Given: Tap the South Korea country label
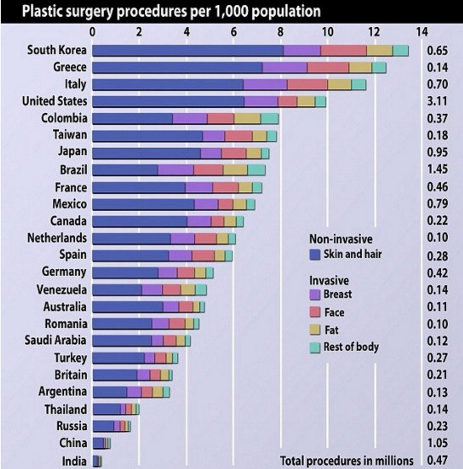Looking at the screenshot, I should point(57,51).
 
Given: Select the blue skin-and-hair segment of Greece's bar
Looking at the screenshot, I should point(177,68).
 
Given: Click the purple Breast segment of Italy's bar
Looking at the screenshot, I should point(265,85).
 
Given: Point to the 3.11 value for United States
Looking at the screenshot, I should point(438,101).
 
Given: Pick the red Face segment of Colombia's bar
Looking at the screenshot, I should point(220,118).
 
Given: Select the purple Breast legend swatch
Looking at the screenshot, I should point(314,294).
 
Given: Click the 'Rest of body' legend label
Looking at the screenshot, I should point(351,346).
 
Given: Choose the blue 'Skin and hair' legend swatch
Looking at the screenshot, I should point(314,254).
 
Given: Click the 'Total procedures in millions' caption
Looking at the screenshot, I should point(347,461).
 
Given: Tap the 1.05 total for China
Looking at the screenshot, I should point(438,443).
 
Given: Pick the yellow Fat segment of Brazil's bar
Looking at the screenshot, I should point(235,170).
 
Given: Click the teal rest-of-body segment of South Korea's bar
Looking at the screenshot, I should point(400,51).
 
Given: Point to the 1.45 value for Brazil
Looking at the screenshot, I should point(438,170).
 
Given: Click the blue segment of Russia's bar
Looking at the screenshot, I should point(103,426).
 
